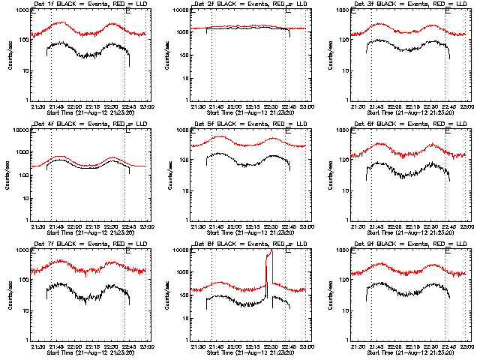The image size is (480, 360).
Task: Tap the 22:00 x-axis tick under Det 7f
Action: pos(73,346)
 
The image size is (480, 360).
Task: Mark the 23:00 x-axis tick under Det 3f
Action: pos(466,106)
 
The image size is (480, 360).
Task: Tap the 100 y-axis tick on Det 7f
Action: pos(22,280)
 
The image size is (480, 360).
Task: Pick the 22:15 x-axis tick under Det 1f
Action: pos(92,106)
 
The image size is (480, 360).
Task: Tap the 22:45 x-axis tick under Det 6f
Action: pos(448,226)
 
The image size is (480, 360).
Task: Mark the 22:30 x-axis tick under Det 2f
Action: pos(271,106)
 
